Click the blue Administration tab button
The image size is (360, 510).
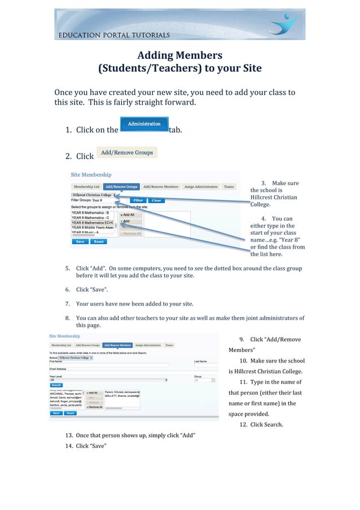click(144, 124)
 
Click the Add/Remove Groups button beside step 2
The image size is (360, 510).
click(127, 152)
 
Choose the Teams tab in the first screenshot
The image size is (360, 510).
click(229, 186)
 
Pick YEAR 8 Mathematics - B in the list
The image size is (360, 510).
click(90, 213)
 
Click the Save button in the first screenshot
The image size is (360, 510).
click(80, 241)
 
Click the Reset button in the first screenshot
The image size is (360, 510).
click(98, 241)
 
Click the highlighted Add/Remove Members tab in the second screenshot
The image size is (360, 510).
click(118, 345)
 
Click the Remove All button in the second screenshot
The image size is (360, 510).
click(94, 407)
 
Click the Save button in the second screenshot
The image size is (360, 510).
click(56, 413)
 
